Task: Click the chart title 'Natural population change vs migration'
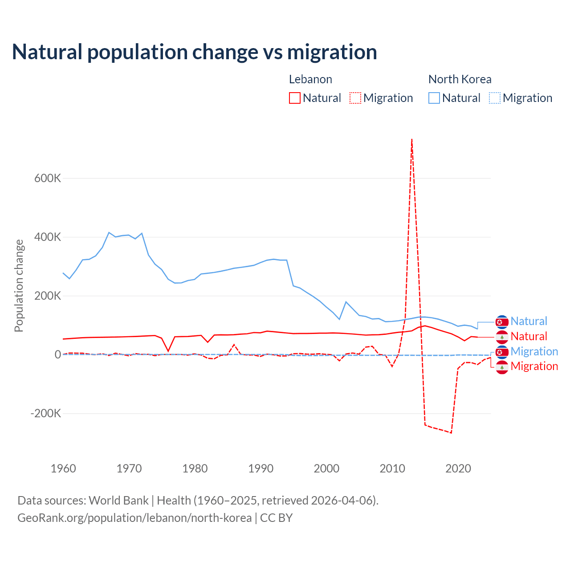(x=195, y=52)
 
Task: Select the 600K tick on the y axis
(x=48, y=178)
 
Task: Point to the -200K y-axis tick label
(x=45, y=413)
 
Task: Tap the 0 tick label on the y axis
(x=57, y=354)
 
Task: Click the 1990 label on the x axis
(x=261, y=468)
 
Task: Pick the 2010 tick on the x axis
(x=392, y=468)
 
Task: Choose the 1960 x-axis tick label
(x=63, y=468)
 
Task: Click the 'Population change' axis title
(x=19, y=286)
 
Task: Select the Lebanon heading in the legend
(x=310, y=79)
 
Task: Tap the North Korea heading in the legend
(x=460, y=79)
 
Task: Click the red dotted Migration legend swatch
(x=355, y=98)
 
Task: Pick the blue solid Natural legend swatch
(x=434, y=98)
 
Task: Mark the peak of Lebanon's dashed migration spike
(x=412, y=139)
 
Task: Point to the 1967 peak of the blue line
(x=109, y=232)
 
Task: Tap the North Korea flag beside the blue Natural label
(x=502, y=322)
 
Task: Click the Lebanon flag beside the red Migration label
(x=502, y=367)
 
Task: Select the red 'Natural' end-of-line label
(x=529, y=336)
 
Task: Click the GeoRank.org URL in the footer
(x=134, y=518)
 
